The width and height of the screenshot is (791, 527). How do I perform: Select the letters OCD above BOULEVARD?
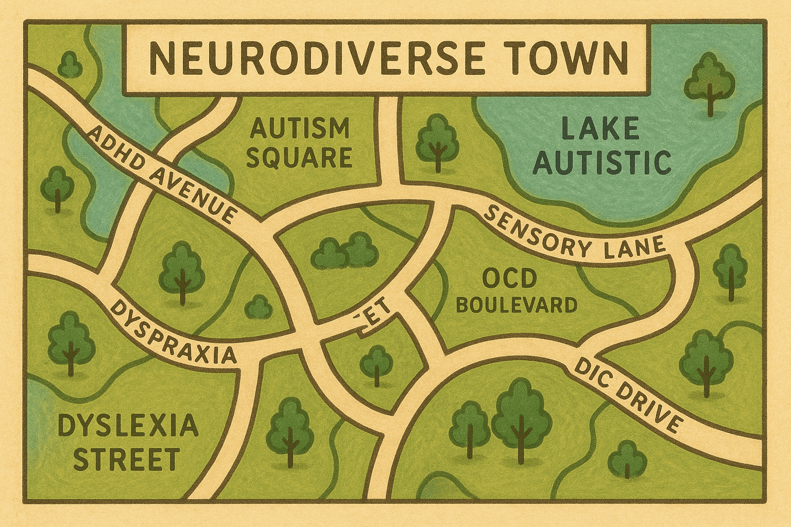click(x=510, y=279)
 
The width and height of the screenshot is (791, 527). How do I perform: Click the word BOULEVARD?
click(x=517, y=305)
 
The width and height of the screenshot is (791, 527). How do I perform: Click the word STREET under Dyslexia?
click(x=126, y=459)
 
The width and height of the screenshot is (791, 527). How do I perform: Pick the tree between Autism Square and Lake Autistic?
click(x=437, y=141)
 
